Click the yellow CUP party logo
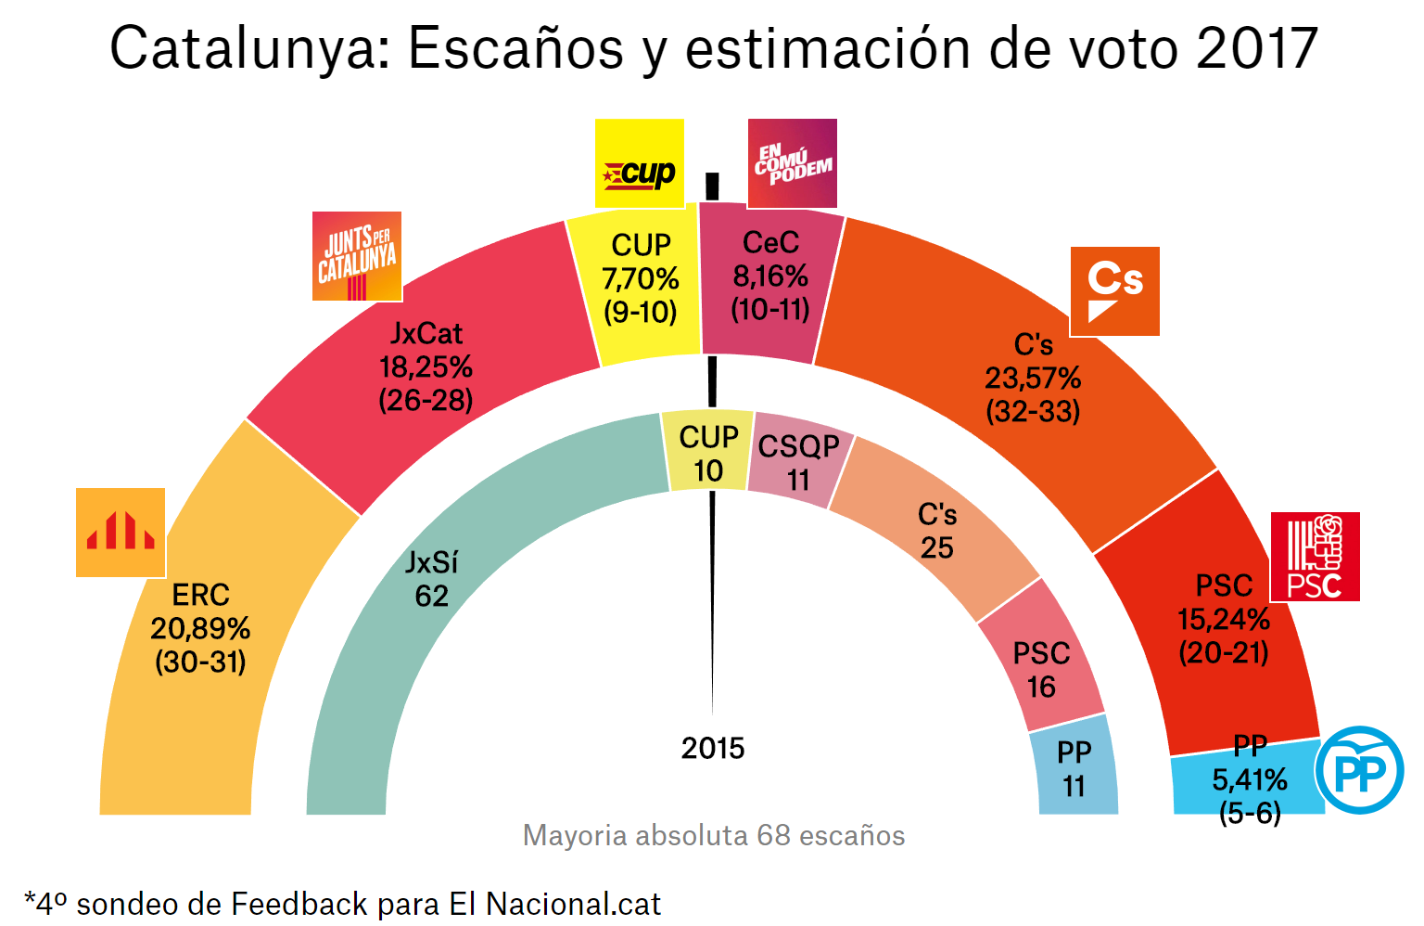640,163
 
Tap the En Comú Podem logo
793,163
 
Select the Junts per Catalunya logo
357,257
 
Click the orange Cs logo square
1114,291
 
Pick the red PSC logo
1315,557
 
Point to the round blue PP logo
1359,770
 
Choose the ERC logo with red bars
121,533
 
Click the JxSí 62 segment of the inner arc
432,579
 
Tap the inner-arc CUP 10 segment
708,454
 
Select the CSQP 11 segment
798,463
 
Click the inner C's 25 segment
937,531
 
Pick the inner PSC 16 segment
1041,670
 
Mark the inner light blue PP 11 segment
1074,768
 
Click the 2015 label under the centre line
713,748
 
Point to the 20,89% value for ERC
200,629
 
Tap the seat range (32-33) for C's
1033,411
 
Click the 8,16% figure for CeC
770,277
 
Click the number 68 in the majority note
773,835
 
